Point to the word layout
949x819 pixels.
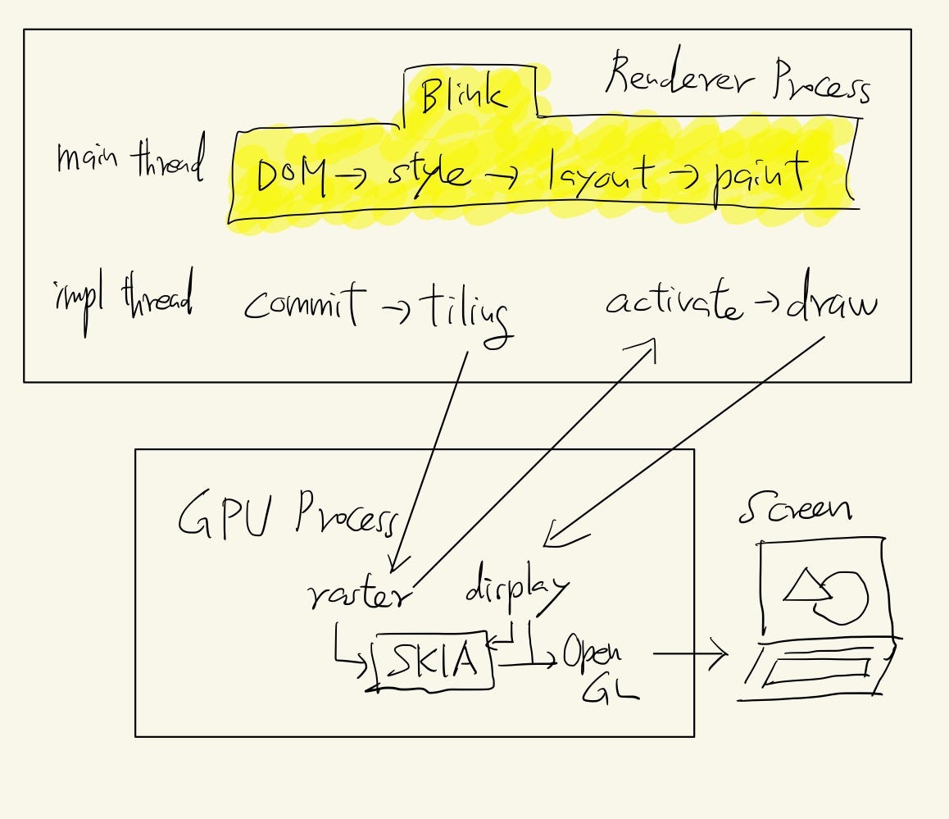tap(603, 174)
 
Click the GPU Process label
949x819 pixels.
tap(287, 514)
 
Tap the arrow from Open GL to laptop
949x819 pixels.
tap(690, 654)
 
